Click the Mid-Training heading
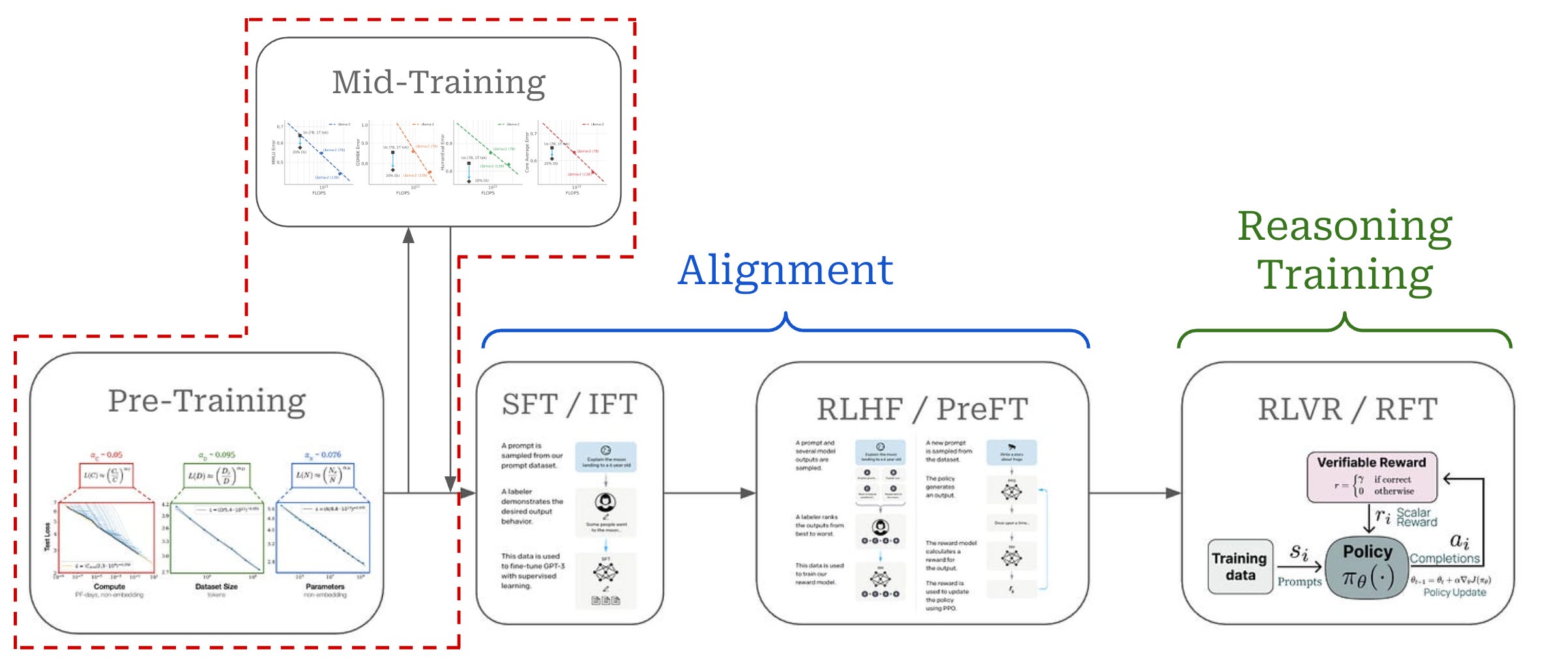tap(439, 83)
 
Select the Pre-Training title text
tap(207, 401)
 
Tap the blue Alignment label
tap(785, 270)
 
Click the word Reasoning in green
tap(1344, 226)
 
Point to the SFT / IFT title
tap(569, 405)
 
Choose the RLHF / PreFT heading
tap(922, 409)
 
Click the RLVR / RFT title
tap(1347, 409)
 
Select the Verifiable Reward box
tap(1372, 477)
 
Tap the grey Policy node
tap(1368, 566)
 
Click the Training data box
tap(1239, 566)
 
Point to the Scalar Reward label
tap(1416, 517)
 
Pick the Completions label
tap(1445, 558)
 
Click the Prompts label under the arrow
tap(1299, 581)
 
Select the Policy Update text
tap(1454, 592)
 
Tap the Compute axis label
tap(110, 586)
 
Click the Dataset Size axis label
tap(216, 586)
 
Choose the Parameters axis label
tap(325, 586)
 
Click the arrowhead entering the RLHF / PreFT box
tap(748, 493)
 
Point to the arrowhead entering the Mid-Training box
tap(409, 235)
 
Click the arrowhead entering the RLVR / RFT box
tap(1173, 493)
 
